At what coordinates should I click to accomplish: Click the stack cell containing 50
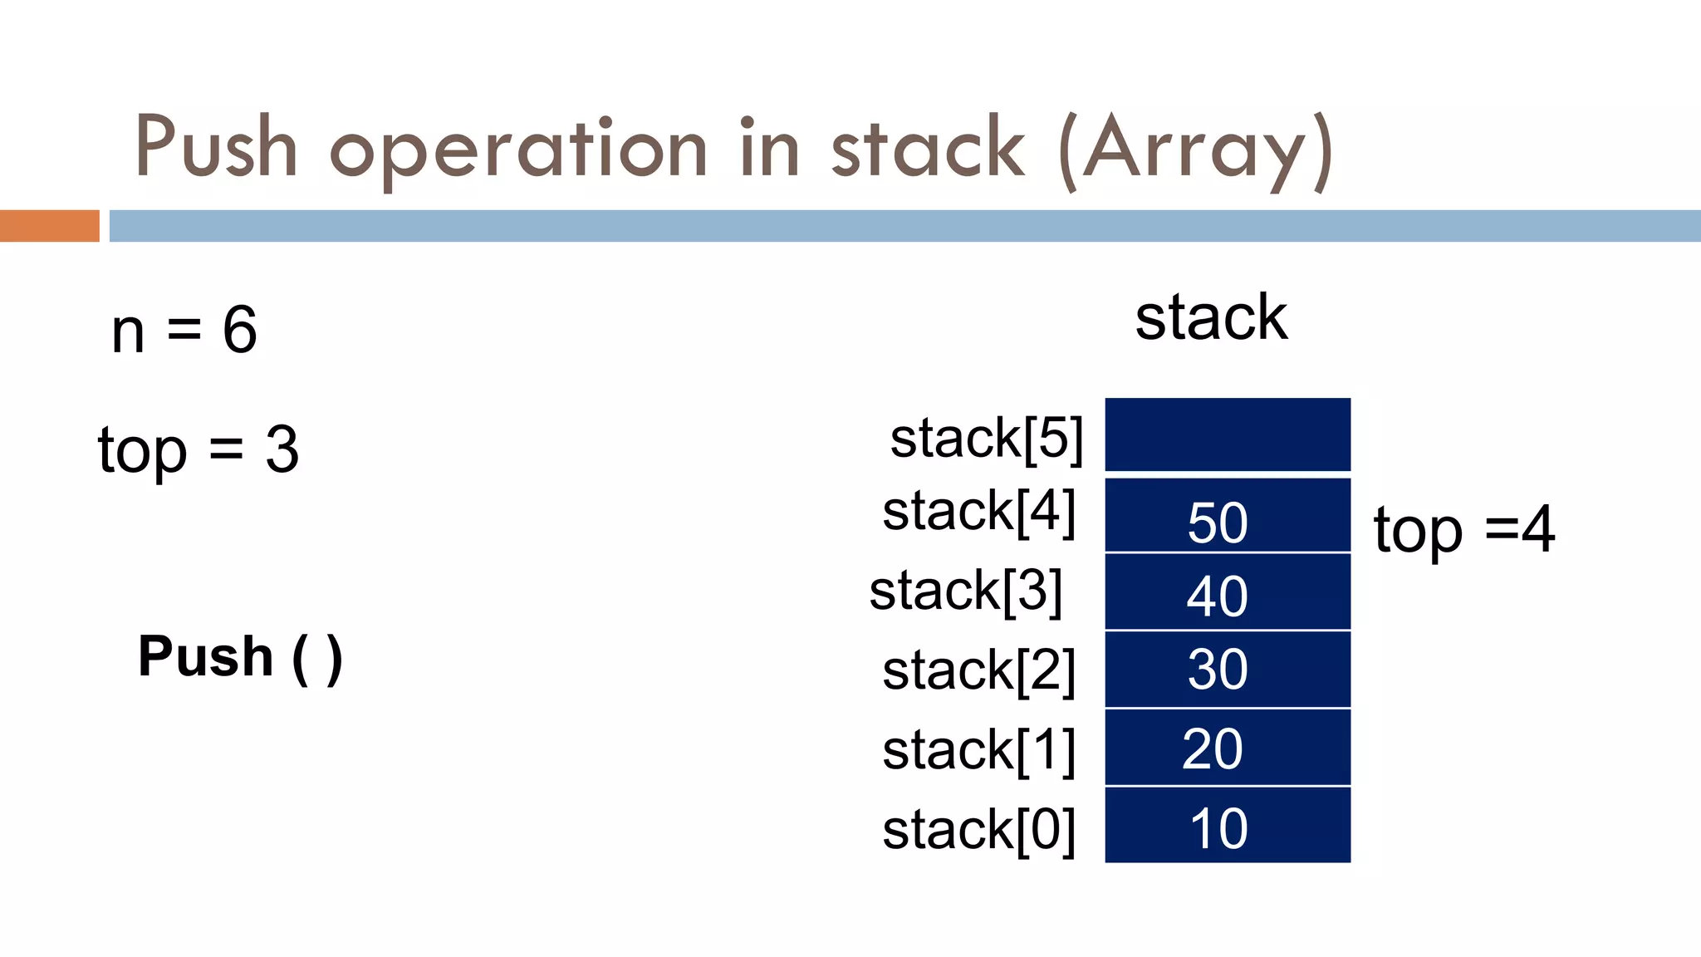point(1227,516)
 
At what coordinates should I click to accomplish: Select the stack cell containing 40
point(1227,592)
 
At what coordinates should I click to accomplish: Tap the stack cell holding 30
point(1227,670)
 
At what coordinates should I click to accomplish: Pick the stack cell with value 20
point(1227,748)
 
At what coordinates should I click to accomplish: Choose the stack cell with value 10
point(1227,826)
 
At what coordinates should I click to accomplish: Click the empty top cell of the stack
point(1227,435)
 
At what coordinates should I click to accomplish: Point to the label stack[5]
point(987,439)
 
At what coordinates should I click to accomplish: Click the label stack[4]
point(979,512)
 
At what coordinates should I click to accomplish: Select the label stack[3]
point(966,591)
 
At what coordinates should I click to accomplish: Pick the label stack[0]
point(979,830)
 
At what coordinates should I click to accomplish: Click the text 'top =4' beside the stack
point(1464,530)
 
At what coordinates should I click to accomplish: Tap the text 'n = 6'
point(184,330)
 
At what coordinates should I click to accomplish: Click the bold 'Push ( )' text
point(240,657)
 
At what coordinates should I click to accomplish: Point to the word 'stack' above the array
point(1211,317)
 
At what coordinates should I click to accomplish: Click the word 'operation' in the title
point(519,150)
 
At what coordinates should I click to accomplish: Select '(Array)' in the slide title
point(1196,150)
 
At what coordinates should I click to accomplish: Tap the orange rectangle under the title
point(50,226)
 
